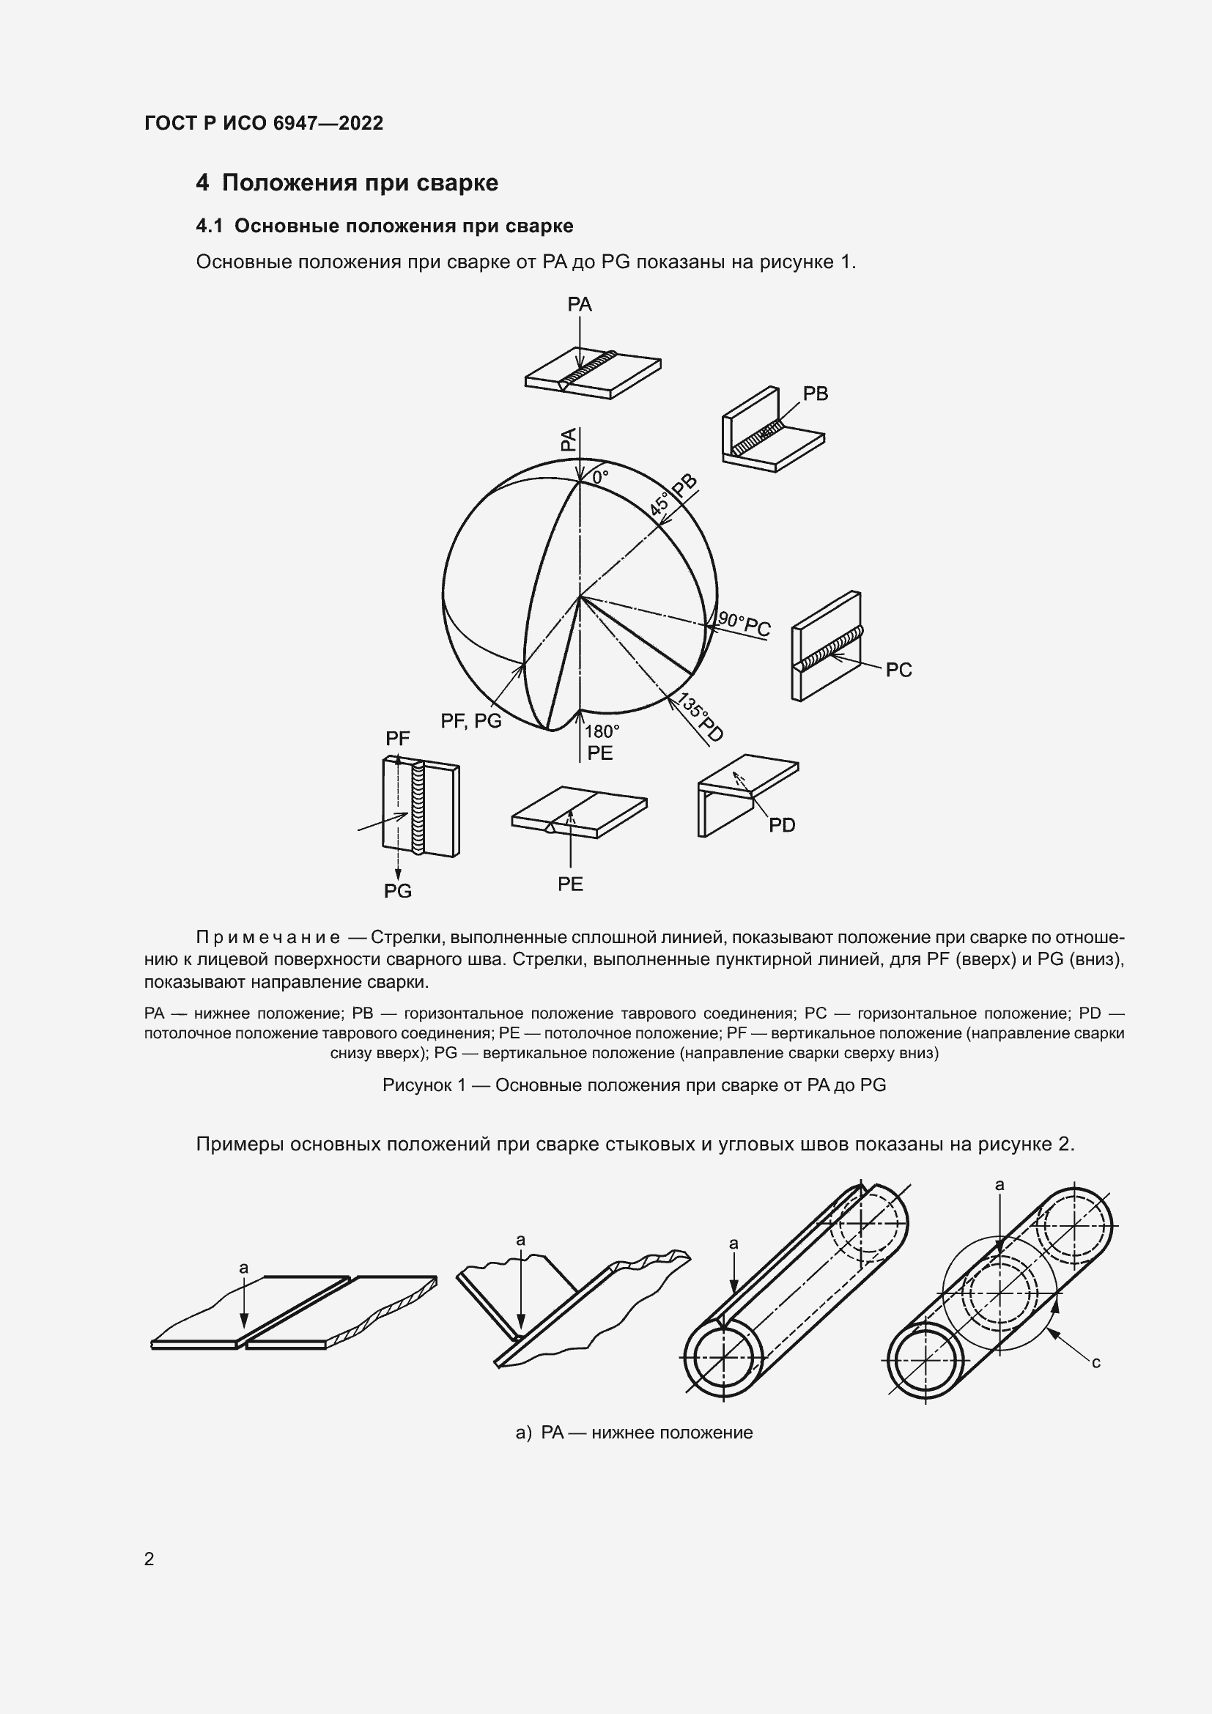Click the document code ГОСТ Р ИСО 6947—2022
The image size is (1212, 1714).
click(264, 124)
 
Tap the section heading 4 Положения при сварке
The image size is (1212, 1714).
click(347, 183)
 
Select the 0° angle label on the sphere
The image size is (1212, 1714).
click(600, 476)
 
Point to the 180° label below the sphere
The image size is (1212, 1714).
click(602, 731)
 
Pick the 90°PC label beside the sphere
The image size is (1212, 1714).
click(744, 624)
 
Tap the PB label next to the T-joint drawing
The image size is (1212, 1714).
click(815, 394)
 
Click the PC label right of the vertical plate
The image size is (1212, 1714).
click(898, 671)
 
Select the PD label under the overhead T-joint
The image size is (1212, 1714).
click(782, 825)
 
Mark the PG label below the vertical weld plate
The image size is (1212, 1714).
click(398, 890)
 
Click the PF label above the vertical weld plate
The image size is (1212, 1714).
click(398, 739)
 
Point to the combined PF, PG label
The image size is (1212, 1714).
click(471, 720)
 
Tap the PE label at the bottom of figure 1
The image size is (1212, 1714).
click(570, 884)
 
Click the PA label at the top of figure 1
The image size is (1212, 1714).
click(580, 304)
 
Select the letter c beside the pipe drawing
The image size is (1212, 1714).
click(1095, 1362)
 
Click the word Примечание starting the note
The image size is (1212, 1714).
click(268, 938)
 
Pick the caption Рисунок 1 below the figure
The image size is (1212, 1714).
click(634, 1085)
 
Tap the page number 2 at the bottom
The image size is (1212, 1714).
click(149, 1559)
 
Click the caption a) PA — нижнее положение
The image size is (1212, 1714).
click(634, 1433)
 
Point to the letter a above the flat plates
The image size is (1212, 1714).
click(243, 1268)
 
